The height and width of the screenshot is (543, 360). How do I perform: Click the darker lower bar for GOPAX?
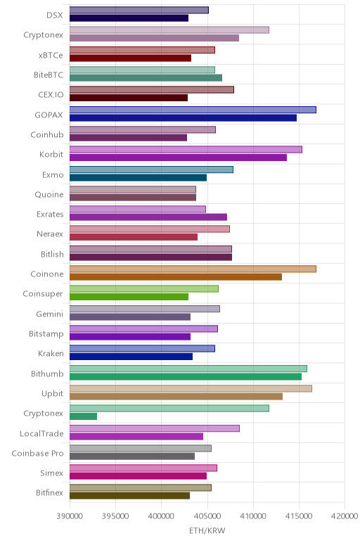pyautogui.click(x=183, y=117)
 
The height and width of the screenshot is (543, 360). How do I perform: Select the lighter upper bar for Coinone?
pyautogui.click(x=193, y=269)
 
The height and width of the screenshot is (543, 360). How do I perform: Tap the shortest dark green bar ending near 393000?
pyautogui.click(x=83, y=416)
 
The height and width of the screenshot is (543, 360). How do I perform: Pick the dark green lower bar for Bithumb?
pyautogui.click(x=186, y=376)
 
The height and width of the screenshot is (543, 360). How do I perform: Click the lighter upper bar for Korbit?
pyautogui.click(x=186, y=149)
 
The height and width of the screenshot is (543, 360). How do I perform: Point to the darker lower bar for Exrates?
pyautogui.click(x=148, y=217)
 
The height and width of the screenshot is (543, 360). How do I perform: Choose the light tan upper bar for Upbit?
pyautogui.click(x=191, y=388)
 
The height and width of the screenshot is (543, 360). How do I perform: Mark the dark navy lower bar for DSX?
pyautogui.click(x=129, y=18)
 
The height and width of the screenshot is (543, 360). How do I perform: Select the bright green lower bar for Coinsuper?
pyautogui.click(x=129, y=297)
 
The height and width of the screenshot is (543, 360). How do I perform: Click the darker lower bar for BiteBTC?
pyautogui.click(x=146, y=78)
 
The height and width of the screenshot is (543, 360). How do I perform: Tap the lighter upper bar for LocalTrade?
pyautogui.click(x=155, y=428)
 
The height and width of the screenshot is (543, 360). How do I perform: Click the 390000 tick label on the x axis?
pyautogui.click(x=70, y=516)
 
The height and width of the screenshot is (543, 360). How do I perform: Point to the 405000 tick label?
pyautogui.click(x=207, y=516)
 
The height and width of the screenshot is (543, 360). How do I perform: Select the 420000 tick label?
pyautogui.click(x=345, y=516)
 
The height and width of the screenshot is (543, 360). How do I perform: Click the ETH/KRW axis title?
pyautogui.click(x=207, y=530)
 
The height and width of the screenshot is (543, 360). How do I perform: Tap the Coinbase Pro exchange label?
pyautogui.click(x=37, y=453)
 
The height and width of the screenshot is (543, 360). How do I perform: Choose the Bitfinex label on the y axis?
pyautogui.click(x=49, y=492)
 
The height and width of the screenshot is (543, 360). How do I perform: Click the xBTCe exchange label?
pyautogui.click(x=51, y=56)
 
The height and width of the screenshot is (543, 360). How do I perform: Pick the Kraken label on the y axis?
pyautogui.click(x=51, y=353)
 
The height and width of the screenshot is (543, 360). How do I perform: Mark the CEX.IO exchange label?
pyautogui.click(x=51, y=94)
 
